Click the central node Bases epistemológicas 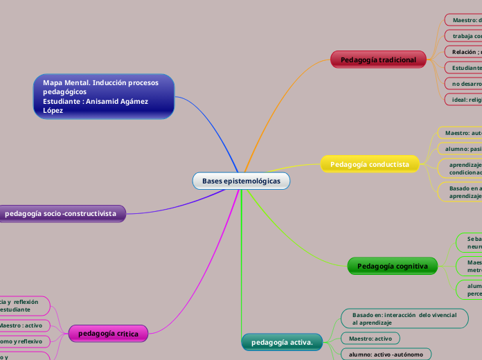pyautogui.click(x=241, y=181)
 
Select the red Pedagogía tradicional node pyautogui.click(x=378, y=60)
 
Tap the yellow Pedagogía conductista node pyautogui.click(x=370, y=164)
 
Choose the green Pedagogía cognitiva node pyautogui.click(x=392, y=266)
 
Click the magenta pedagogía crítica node pyautogui.click(x=108, y=334)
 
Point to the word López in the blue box pyautogui.click(x=53, y=111)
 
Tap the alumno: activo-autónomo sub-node pyautogui.click(x=386, y=354)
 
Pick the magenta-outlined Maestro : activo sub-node pyautogui.click(x=23, y=325)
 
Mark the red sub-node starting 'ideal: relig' pyautogui.click(x=465, y=100)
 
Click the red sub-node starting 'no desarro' pyautogui.click(x=465, y=84)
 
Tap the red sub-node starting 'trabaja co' pyautogui.click(x=465, y=36)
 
